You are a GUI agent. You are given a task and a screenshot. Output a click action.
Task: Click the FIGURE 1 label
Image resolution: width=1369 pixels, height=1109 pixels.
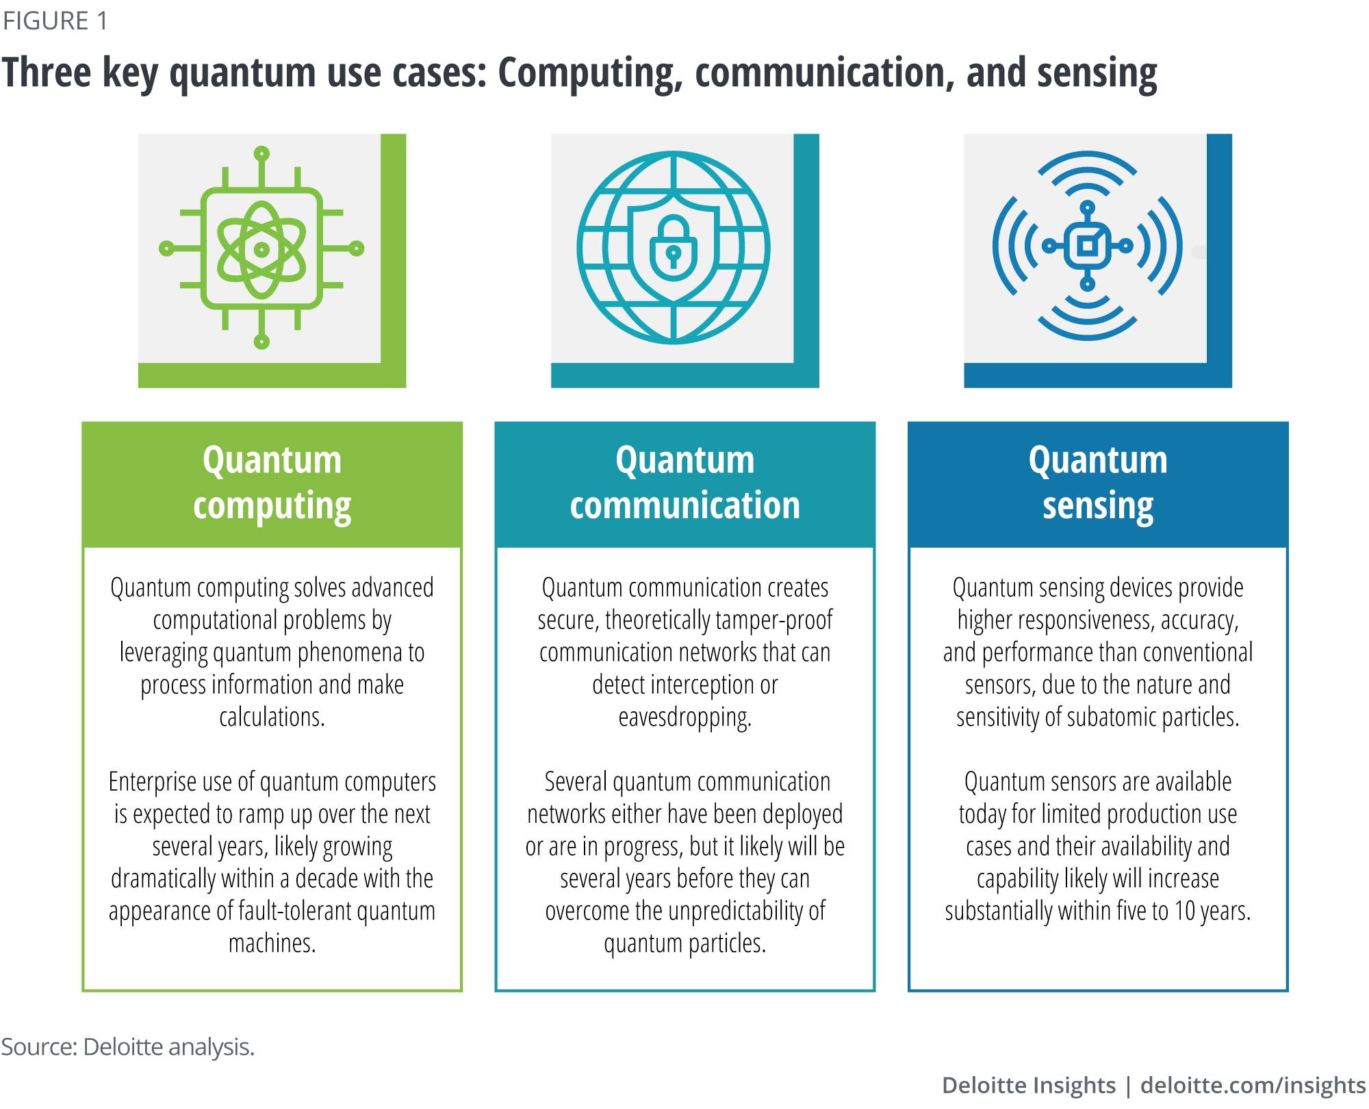pos(55,21)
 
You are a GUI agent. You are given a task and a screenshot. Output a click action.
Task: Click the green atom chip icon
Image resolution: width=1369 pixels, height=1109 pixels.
pos(261,248)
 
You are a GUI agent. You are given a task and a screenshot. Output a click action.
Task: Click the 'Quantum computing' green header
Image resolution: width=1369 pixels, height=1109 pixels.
pos(272,483)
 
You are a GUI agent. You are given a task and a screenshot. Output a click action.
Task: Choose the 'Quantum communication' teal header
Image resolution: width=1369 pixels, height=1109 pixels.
pos(684,483)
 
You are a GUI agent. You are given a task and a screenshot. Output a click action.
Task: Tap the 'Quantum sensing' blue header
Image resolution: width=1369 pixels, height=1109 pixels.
pos(1097,483)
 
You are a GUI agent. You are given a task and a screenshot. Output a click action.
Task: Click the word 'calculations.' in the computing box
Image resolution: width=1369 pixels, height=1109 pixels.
pos(272,717)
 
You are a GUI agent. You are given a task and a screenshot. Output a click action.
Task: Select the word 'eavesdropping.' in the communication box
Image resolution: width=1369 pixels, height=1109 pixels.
pos(684,717)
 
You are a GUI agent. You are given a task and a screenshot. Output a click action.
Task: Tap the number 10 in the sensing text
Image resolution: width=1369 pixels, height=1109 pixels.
pos(1185,911)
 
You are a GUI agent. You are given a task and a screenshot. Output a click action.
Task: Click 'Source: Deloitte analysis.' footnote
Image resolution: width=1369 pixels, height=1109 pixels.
pos(128,1047)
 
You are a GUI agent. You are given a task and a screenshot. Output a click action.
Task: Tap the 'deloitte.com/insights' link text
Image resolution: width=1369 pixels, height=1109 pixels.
pos(1253,1085)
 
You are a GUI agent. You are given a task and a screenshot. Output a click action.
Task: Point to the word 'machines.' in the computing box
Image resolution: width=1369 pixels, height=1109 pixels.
pos(272,943)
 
